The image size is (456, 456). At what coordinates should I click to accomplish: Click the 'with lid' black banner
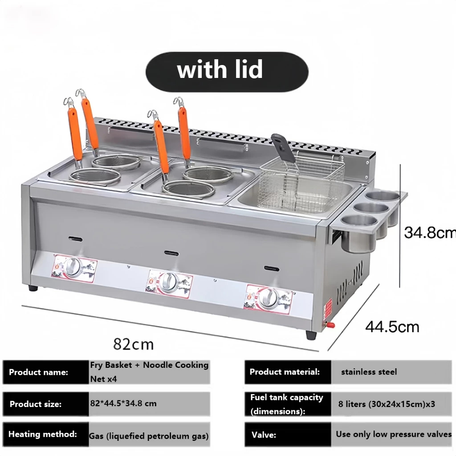[x=227, y=72]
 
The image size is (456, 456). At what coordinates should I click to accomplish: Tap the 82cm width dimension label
[x=134, y=344]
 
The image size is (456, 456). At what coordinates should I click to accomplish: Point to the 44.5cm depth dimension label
[x=392, y=327]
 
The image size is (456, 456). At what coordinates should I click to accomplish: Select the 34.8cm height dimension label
[x=430, y=232]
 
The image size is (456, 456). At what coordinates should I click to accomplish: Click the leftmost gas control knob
[x=73, y=267]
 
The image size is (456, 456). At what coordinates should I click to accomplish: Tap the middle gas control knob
[x=167, y=282]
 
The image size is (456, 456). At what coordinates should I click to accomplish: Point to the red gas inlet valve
[x=330, y=325]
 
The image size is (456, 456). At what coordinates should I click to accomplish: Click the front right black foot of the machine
[x=311, y=335]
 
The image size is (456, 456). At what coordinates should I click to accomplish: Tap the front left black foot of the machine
[x=33, y=289]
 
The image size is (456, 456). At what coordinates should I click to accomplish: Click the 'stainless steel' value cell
[x=391, y=372]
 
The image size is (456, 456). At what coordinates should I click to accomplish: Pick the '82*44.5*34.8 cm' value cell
[x=149, y=403]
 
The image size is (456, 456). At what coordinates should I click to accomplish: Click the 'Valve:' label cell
[x=288, y=435]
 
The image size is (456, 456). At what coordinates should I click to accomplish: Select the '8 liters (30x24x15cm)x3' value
[x=387, y=404]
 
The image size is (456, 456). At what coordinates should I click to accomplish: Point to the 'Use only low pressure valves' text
[x=394, y=434]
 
